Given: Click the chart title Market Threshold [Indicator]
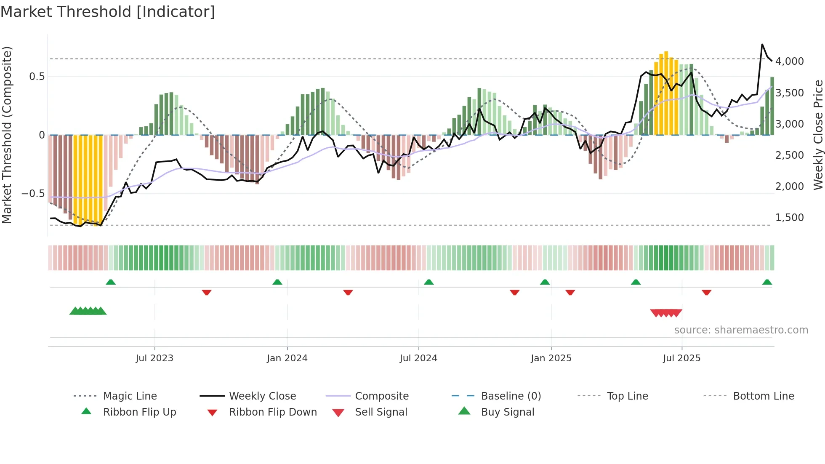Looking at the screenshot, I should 108,12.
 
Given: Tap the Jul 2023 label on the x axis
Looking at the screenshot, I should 154,358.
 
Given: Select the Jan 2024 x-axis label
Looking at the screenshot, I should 287,358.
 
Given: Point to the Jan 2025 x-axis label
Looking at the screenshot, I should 551,358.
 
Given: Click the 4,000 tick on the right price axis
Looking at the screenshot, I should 790,61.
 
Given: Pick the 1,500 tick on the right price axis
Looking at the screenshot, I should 790,218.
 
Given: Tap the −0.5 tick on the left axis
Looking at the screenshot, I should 33,194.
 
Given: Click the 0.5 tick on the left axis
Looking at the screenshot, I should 37,77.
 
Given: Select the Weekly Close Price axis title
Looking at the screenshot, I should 818,135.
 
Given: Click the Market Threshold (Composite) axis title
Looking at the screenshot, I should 7,135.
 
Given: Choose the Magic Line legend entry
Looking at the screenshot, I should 130,396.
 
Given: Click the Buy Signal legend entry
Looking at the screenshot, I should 507,412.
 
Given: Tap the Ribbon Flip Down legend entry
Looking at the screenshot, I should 273,412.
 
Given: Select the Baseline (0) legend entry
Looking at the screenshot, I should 511,396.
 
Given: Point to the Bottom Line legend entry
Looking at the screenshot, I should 763,396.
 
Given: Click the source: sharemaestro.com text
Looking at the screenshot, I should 741,330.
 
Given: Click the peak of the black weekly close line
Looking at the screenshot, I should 762,44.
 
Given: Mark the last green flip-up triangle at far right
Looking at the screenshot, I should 767,282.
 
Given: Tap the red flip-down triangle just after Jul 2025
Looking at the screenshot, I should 706,292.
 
